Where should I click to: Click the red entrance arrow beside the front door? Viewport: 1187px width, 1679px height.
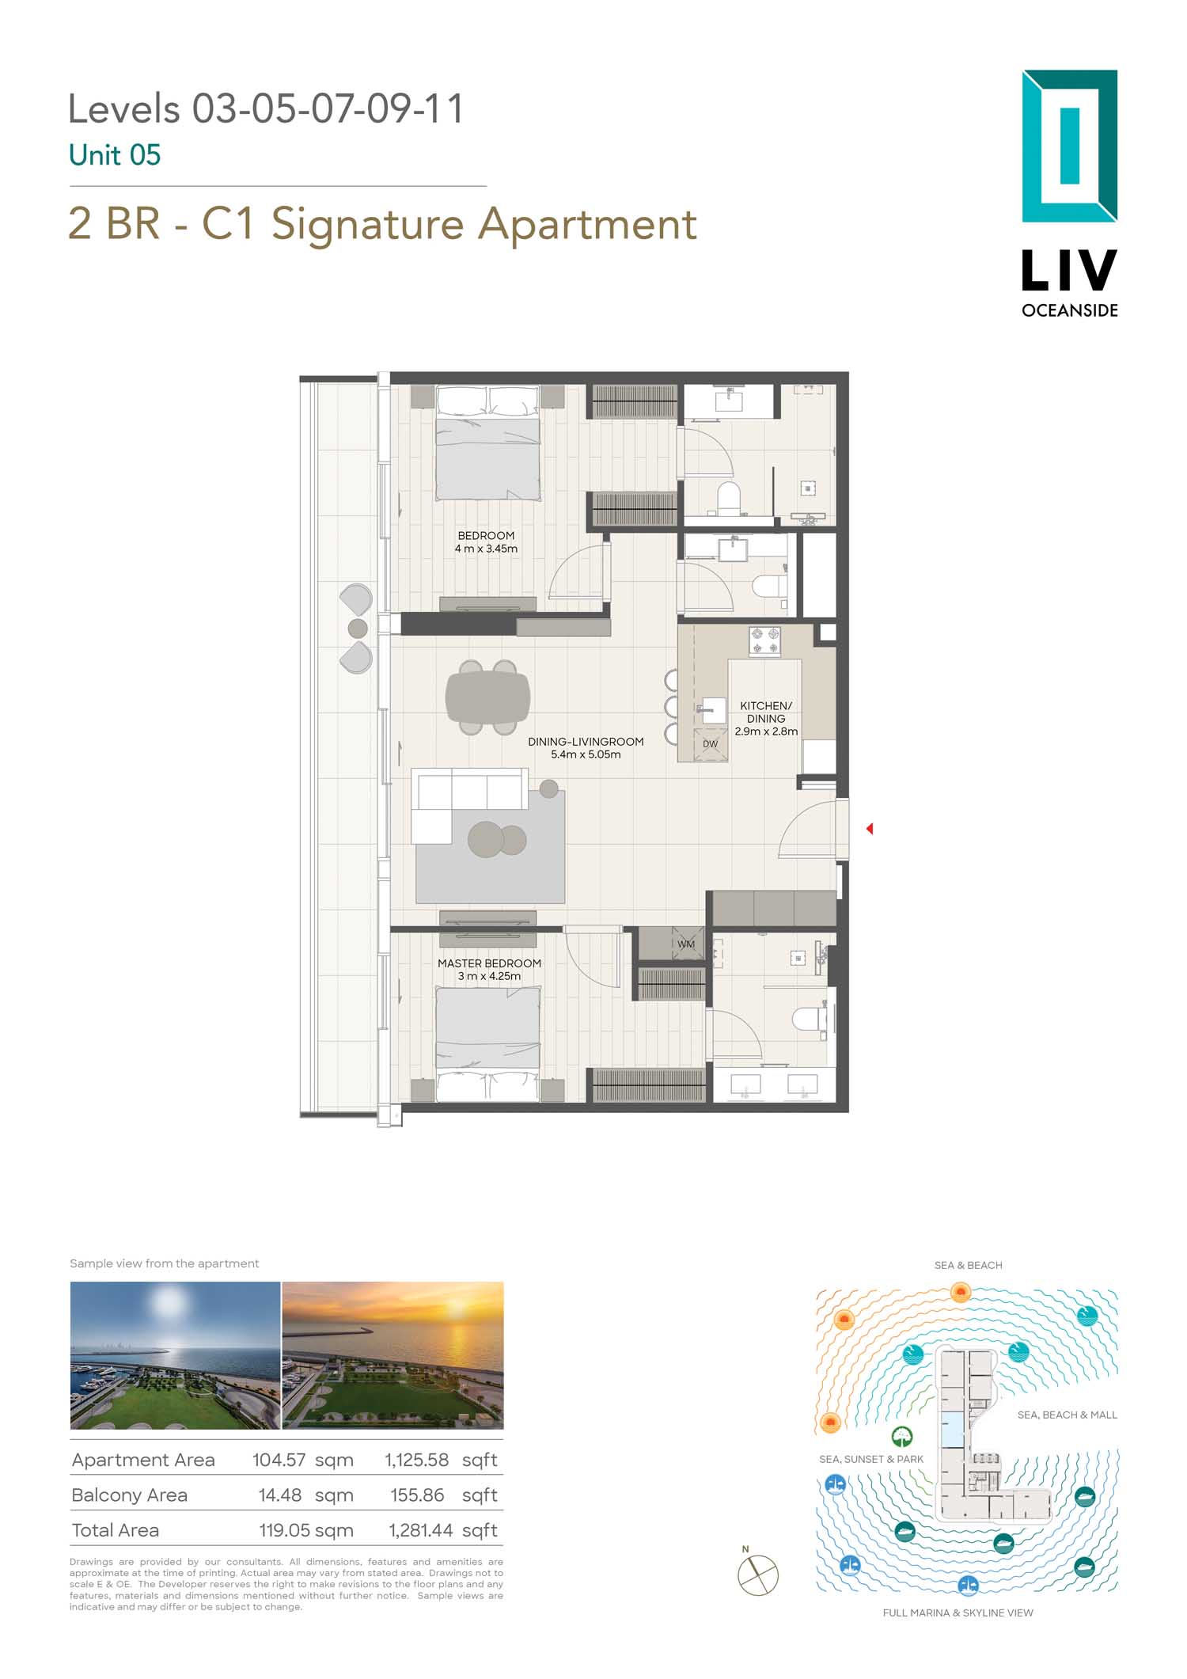click(870, 829)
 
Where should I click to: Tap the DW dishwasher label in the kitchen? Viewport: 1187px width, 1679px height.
click(710, 744)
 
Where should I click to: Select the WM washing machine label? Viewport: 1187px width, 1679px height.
click(686, 944)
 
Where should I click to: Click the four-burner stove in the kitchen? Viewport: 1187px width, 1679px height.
click(764, 641)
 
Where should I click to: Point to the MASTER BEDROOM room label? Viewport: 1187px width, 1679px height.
click(490, 963)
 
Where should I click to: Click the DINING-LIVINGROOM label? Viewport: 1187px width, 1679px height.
click(586, 742)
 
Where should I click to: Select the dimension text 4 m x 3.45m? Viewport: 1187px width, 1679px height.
click(486, 549)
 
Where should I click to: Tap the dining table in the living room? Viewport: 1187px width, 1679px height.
click(487, 697)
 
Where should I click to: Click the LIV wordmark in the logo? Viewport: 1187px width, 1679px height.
click(1069, 271)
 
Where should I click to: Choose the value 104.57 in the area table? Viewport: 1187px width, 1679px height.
click(279, 1460)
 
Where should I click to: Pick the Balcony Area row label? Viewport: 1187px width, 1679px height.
click(129, 1495)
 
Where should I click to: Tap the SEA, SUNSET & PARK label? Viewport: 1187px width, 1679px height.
click(871, 1459)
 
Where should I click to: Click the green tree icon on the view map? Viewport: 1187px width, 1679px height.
click(902, 1437)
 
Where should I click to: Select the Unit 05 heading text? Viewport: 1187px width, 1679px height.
click(115, 155)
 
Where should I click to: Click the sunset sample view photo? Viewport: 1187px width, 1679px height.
click(393, 1355)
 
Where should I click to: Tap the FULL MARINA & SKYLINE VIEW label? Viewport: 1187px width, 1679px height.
click(958, 1613)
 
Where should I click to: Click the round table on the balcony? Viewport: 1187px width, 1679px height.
click(358, 629)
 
